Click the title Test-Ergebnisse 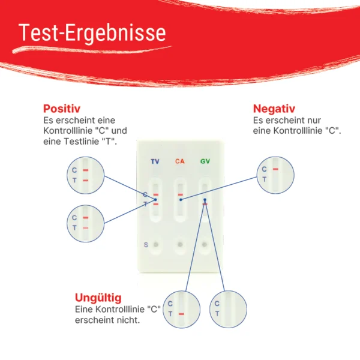pyautogui.click(x=92, y=32)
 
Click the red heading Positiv pyautogui.click(x=62, y=109)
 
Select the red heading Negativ pyautogui.click(x=274, y=109)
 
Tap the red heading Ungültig pyautogui.click(x=98, y=298)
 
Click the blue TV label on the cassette pyautogui.click(x=155, y=161)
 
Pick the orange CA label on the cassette pyautogui.click(x=180, y=161)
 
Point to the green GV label pyautogui.click(x=205, y=161)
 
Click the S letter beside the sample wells pyautogui.click(x=146, y=245)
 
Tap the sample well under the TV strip pyautogui.click(x=156, y=245)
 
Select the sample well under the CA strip pyautogui.click(x=180, y=245)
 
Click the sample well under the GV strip pyautogui.click(x=205, y=245)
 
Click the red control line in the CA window pyautogui.click(x=181, y=194)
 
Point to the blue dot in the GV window pyautogui.click(x=205, y=200)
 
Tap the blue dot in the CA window pyautogui.click(x=181, y=200)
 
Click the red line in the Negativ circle pyautogui.click(x=275, y=169)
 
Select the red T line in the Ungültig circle pyautogui.click(x=181, y=314)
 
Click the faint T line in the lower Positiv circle pyautogui.click(x=86, y=228)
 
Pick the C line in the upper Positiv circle pyautogui.click(x=86, y=170)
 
